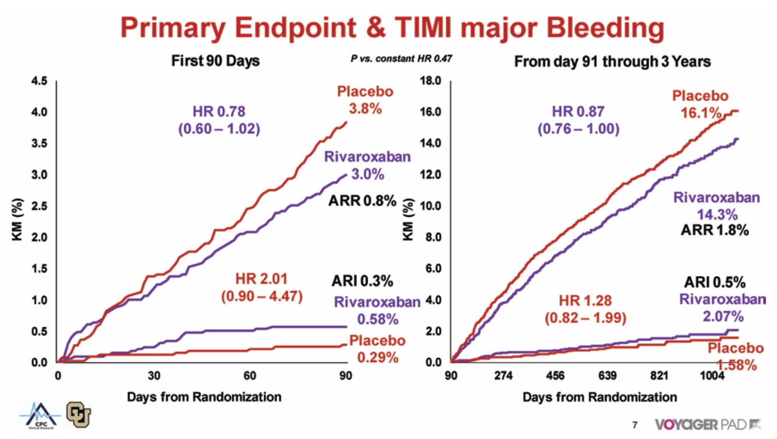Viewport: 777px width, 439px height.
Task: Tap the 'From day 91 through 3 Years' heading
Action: [x=612, y=61]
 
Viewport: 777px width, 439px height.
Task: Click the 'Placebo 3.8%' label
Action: [x=365, y=100]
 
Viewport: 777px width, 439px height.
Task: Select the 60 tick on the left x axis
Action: [x=250, y=375]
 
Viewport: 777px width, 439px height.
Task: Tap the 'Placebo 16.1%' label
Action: [x=701, y=103]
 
